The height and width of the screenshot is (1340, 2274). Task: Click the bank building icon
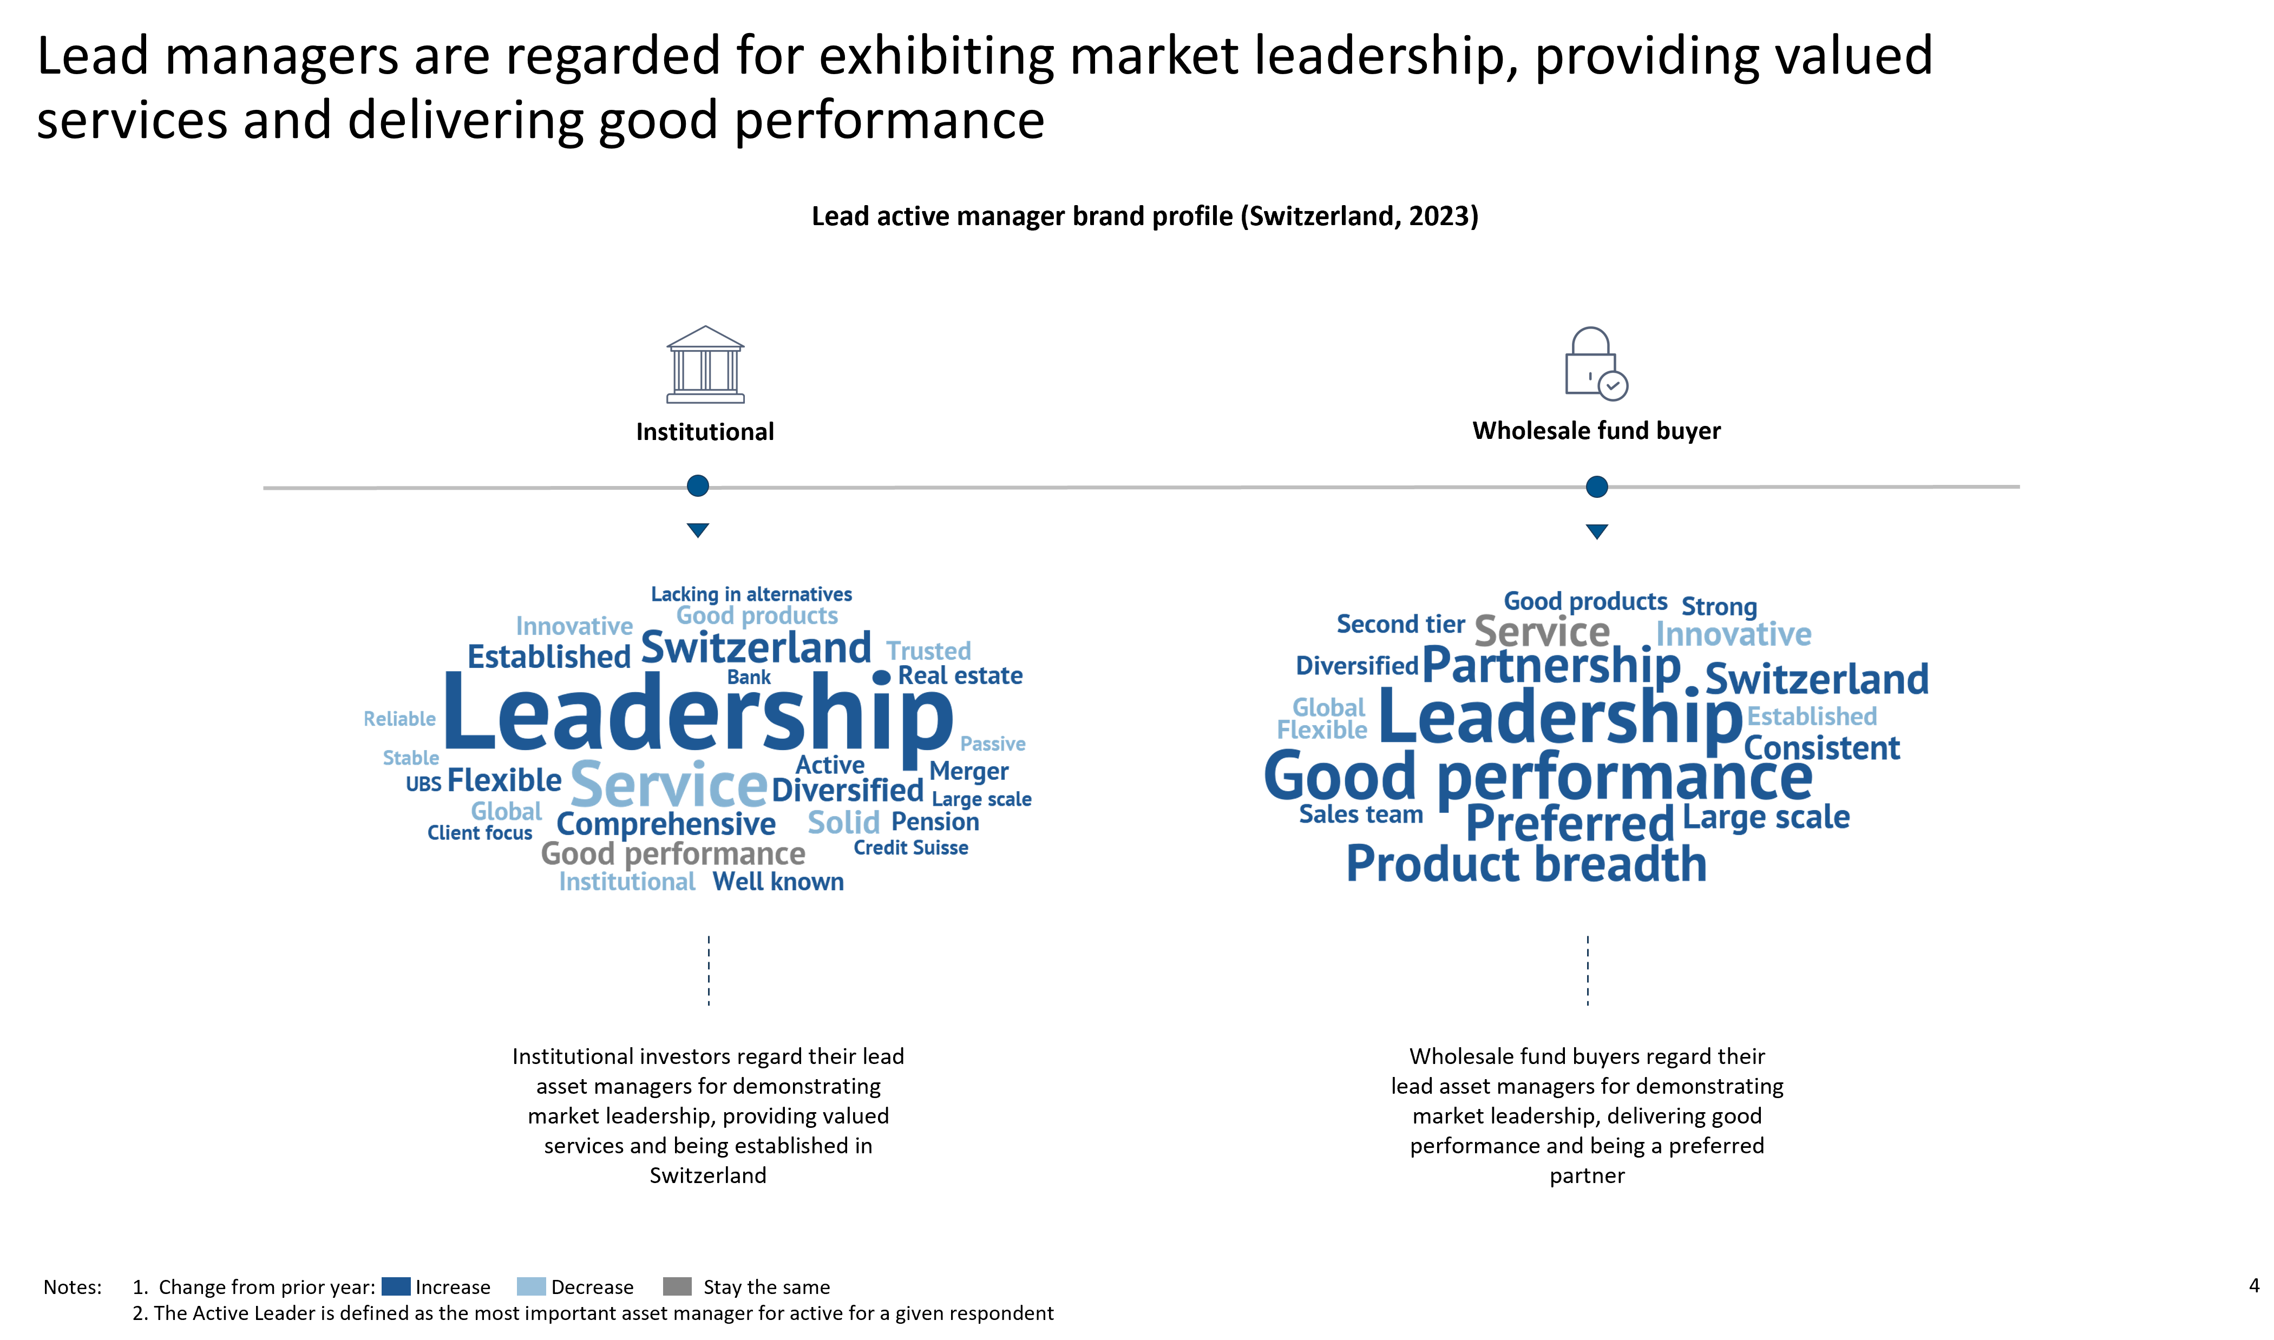705,365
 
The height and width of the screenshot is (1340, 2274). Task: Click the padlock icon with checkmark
1595,364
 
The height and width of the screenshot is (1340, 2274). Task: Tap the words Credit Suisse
910,848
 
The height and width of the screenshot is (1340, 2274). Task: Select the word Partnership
1551,666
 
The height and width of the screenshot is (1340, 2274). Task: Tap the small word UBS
423,784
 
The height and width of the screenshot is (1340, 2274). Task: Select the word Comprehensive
666,824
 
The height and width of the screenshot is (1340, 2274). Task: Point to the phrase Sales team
1360,814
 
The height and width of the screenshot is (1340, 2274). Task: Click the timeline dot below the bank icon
698,486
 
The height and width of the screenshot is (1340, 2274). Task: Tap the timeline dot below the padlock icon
1597,487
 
